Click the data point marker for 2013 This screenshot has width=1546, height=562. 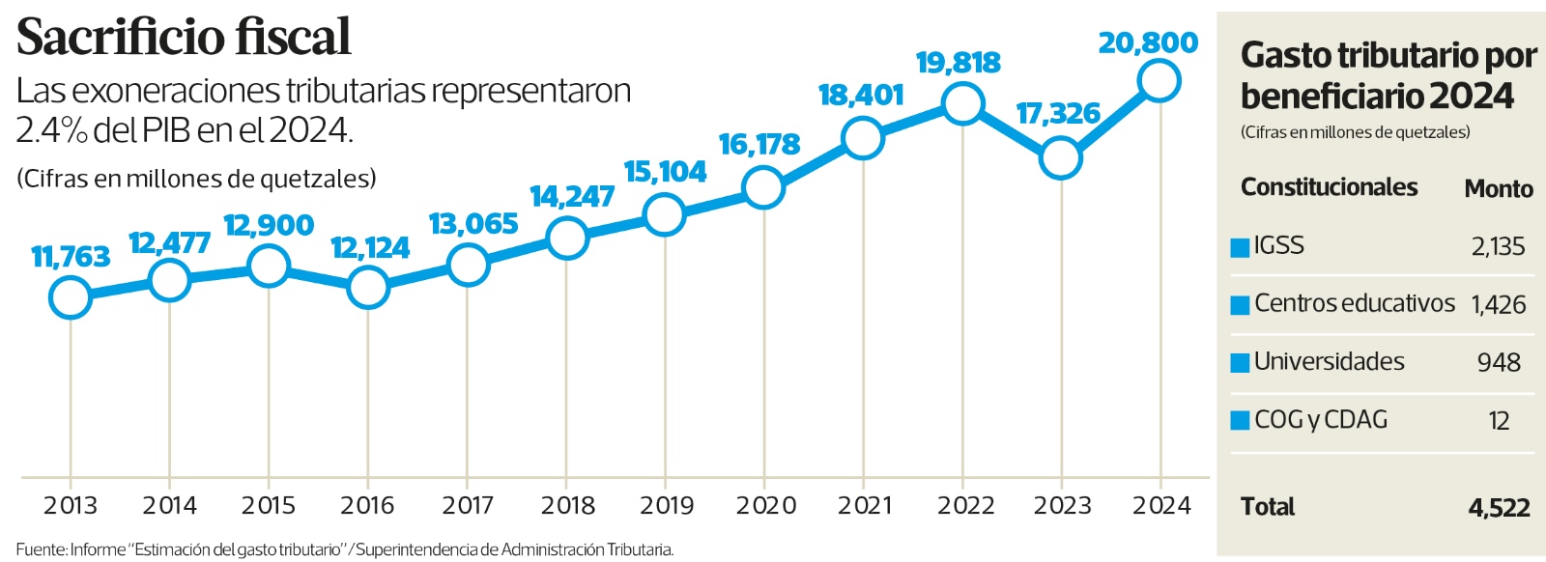tap(70, 297)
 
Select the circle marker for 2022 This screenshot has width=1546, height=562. tap(962, 102)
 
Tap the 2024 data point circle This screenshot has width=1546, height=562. tap(1159, 80)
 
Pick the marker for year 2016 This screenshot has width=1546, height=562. tap(367, 287)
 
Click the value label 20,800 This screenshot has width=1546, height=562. tap(1148, 43)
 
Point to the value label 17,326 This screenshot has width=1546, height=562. tap(1058, 114)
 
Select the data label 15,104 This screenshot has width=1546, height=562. tap(665, 172)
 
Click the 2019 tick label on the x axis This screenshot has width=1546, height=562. tap(667, 505)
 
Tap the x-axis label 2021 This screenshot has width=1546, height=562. tap(865, 505)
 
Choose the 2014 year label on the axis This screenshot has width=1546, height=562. tap(169, 505)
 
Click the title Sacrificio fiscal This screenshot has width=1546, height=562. tap(184, 38)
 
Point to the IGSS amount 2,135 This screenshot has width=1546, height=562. tap(1498, 246)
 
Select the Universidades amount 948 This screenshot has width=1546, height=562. tap(1499, 362)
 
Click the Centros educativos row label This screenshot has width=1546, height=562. tap(1354, 303)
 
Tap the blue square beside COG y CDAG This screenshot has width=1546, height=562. tap(1240, 421)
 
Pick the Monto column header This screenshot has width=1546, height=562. tap(1499, 188)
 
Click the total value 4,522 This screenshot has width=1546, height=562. tap(1499, 507)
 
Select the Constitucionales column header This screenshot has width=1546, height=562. tap(1329, 186)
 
